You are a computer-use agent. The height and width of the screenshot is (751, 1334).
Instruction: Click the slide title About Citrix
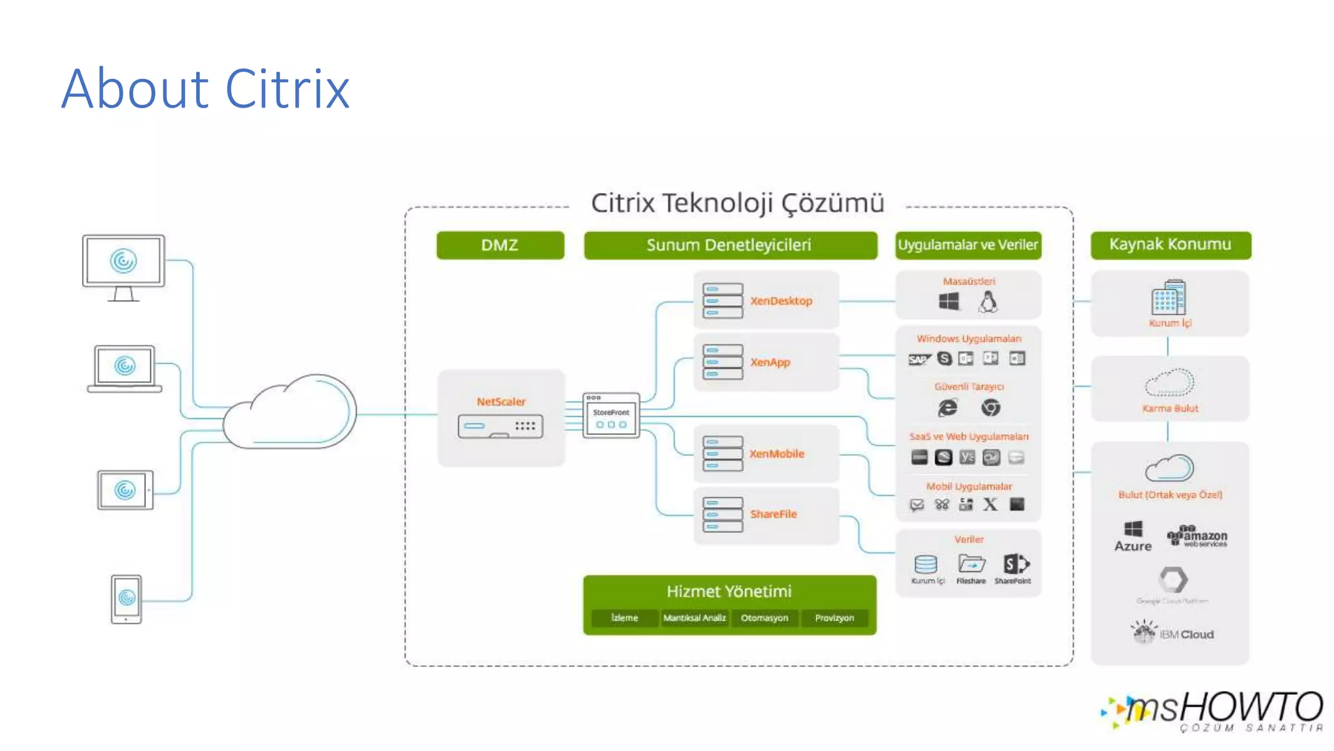pos(205,89)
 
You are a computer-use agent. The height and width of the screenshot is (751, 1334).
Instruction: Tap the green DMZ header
pos(500,245)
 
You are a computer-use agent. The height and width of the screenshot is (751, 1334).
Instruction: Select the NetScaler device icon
pos(500,426)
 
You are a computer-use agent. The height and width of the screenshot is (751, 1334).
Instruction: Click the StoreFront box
pos(611,416)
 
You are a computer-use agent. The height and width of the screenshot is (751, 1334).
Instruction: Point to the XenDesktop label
pos(781,301)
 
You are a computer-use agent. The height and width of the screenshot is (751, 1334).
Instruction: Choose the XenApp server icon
pos(722,362)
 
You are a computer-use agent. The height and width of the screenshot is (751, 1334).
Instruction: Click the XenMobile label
pos(776,454)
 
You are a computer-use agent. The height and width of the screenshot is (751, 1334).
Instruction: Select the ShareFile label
pos(773,514)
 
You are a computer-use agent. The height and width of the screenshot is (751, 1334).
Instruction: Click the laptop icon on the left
pos(124,369)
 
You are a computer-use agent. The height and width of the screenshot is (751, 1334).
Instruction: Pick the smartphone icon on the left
pos(126,598)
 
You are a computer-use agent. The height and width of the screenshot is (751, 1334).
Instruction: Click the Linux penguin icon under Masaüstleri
pos(988,302)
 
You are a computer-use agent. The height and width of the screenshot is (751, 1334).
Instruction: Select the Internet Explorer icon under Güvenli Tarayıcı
pos(947,408)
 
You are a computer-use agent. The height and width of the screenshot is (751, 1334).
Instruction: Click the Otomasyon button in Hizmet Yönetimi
pos(764,617)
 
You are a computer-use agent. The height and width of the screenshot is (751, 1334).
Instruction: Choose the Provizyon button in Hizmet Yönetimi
pos(834,617)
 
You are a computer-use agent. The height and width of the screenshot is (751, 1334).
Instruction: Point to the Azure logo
pos(1133,537)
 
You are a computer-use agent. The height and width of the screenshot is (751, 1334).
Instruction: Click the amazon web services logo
pos(1199,537)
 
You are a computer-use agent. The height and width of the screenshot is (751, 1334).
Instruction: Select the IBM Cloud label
pos(1186,634)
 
